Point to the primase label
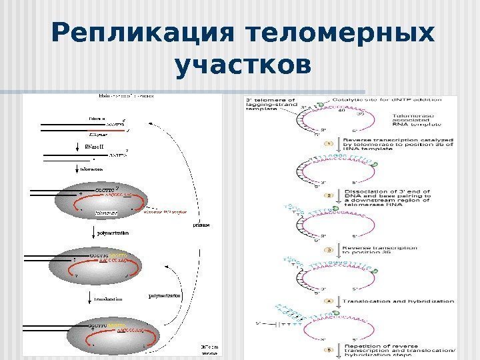tap(201, 226)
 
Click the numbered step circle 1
tap(328, 143)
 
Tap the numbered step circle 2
tap(328, 195)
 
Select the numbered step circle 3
tap(328, 249)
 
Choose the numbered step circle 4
tap(328, 301)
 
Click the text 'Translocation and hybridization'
tap(398, 301)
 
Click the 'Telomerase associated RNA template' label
tap(407, 119)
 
